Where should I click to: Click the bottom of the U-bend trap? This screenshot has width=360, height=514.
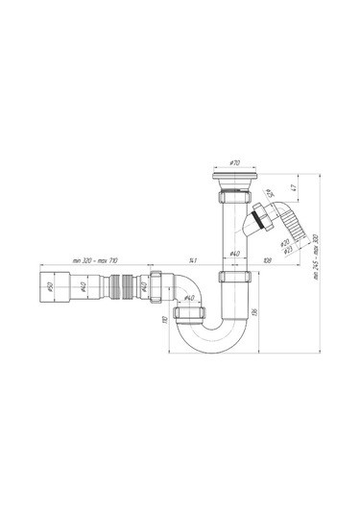(x=211, y=347)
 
